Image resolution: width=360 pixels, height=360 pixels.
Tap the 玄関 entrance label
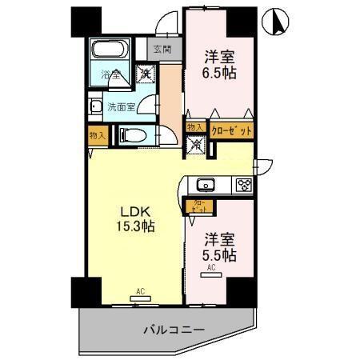pos(162,50)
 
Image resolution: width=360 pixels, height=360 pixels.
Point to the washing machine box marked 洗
pos(146,74)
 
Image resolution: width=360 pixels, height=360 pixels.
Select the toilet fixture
pos(133,136)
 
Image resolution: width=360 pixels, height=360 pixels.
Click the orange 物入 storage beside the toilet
pos(97,136)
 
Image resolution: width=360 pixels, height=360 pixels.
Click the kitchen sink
pos(206,186)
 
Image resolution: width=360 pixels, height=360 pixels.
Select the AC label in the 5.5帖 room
pos(213,269)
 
